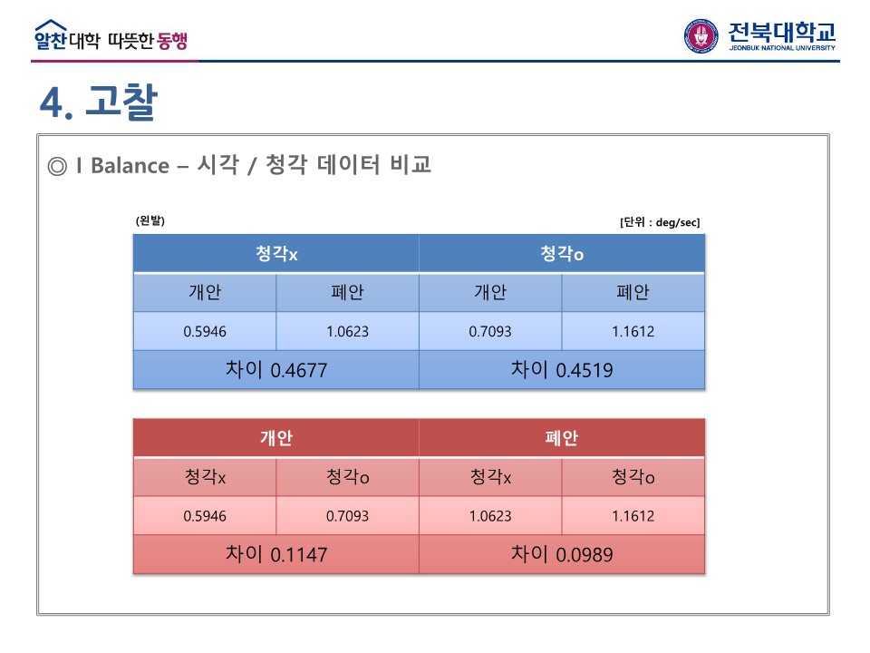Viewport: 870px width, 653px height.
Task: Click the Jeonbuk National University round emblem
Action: (701, 35)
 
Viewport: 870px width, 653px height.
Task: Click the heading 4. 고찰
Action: (99, 102)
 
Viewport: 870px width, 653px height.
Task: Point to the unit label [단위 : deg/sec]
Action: (660, 222)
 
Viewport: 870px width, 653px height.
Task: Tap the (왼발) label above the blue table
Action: (150, 220)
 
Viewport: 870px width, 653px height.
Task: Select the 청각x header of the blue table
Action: (276, 254)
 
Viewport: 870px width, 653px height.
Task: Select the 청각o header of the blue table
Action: (562, 254)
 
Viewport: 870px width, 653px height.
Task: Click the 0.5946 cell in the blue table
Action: (205, 332)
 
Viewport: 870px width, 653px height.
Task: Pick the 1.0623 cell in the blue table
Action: (347, 332)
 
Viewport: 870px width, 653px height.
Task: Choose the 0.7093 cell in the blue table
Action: (490, 332)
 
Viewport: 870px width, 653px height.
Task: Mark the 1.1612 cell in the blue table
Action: (633, 332)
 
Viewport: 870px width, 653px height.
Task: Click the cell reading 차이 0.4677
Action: (276, 370)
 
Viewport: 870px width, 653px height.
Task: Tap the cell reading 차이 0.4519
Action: (562, 370)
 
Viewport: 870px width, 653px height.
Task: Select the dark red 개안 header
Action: (276, 438)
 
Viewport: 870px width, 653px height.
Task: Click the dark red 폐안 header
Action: (562, 438)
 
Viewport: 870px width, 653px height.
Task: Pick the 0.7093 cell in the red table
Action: (347, 516)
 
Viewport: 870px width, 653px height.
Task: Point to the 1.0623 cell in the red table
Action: (490, 516)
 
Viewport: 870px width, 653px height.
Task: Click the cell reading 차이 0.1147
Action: (276, 554)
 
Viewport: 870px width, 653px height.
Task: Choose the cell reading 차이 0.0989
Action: (562, 554)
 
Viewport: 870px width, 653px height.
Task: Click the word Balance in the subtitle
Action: (130, 165)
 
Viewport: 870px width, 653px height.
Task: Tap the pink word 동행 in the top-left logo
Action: (172, 41)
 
